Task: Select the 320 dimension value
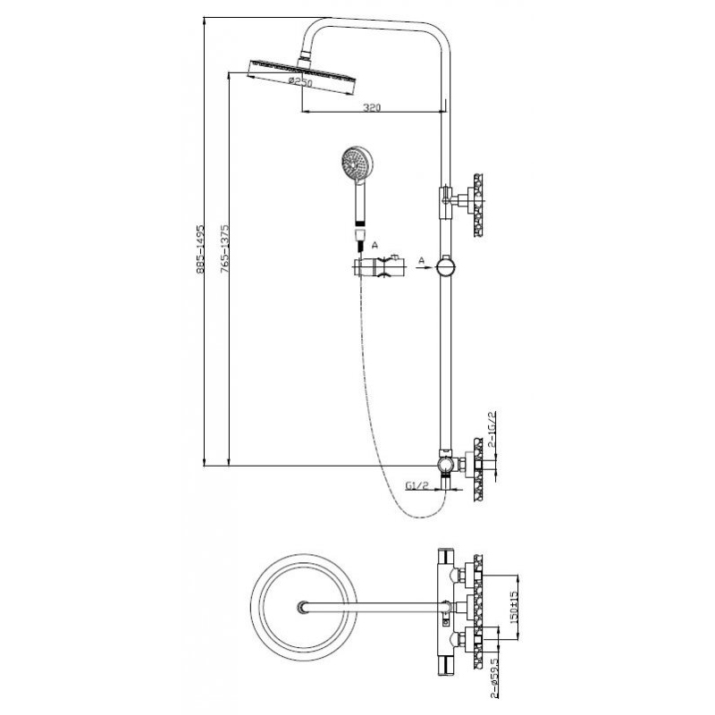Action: (373, 107)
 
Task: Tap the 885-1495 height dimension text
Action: (202, 249)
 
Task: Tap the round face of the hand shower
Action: (352, 164)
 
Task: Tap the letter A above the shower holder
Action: (374, 244)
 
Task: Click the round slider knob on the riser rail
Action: (445, 266)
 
